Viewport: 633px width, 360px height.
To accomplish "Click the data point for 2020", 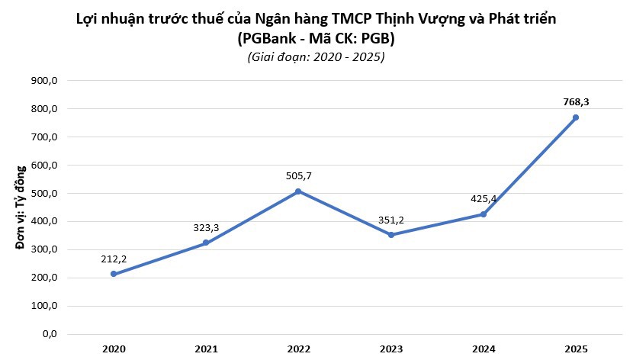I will pos(114,274).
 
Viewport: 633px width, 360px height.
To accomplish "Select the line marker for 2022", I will pos(298,191).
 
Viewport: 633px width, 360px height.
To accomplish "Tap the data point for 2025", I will pos(576,117).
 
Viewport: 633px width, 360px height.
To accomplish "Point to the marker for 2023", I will pos(390,235).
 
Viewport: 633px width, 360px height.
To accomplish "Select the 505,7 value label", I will pos(298,175).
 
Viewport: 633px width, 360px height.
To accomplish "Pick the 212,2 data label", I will pos(114,258).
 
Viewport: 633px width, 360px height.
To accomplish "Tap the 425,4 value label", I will pos(484,198).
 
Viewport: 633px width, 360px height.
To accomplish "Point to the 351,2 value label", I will pos(390,220).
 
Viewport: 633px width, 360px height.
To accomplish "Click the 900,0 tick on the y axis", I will pos(45,81).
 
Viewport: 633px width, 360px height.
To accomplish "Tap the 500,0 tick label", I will pos(45,194).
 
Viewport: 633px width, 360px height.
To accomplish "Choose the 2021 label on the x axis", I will pos(206,349).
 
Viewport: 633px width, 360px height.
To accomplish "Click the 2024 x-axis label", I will pos(484,349).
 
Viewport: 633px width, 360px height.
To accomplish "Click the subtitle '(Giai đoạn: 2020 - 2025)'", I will pos(316,57).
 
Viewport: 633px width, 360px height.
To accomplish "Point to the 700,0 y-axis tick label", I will pos(45,137).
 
